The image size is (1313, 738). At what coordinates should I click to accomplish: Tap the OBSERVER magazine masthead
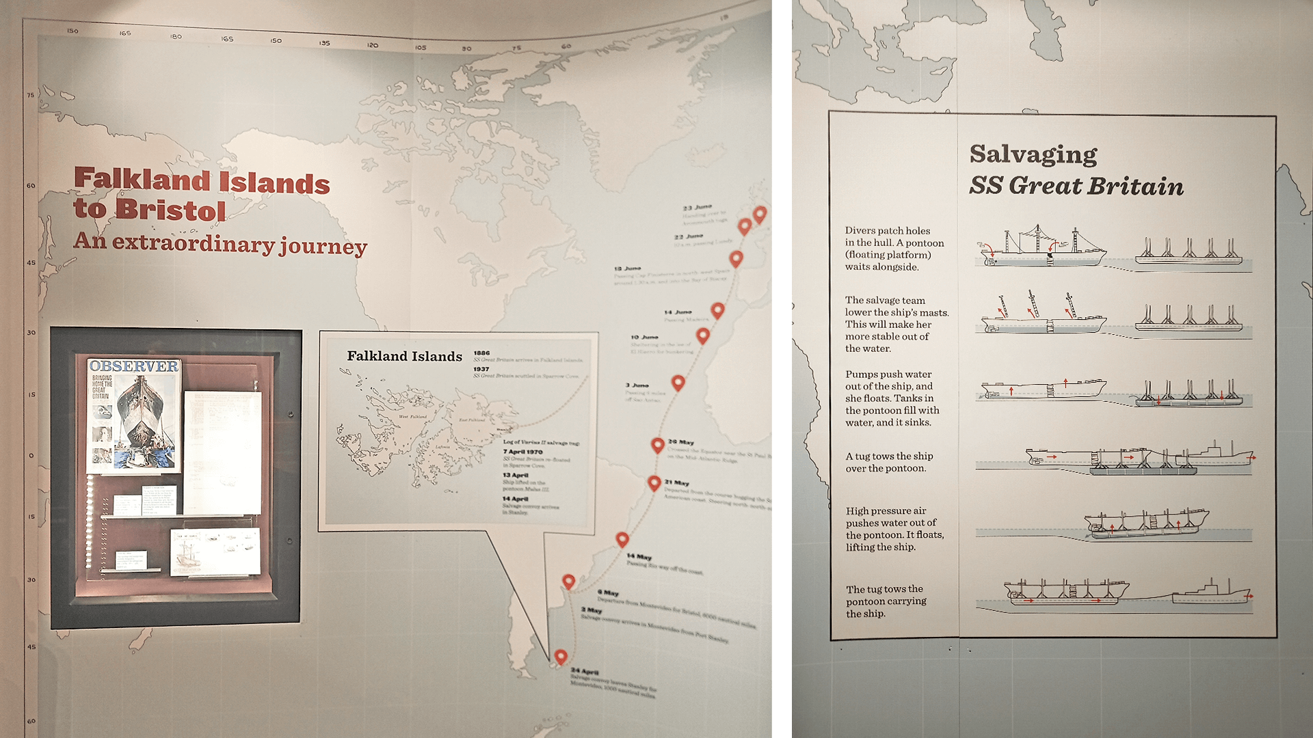tap(134, 366)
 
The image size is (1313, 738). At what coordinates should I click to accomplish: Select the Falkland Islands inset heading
tap(404, 356)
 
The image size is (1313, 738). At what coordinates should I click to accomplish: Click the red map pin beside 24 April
tap(561, 656)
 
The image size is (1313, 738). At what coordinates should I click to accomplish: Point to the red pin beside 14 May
tap(622, 538)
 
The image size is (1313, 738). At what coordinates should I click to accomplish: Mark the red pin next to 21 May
tap(654, 482)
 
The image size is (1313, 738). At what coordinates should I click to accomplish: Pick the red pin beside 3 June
tap(678, 382)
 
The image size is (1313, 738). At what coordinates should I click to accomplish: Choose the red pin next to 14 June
tap(717, 310)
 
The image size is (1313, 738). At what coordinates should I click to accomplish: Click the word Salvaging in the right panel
tap(1033, 154)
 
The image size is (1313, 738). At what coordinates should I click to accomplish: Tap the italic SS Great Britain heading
tap(1076, 186)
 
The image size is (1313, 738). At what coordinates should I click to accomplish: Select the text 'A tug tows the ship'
tap(888, 456)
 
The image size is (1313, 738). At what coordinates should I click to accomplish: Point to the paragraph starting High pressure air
tap(894, 529)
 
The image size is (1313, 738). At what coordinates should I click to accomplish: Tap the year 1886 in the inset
tap(481, 353)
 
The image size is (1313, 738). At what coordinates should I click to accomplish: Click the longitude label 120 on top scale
tap(372, 45)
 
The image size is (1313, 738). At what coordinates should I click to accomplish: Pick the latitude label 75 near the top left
tap(30, 95)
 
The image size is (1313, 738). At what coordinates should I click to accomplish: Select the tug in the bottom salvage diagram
tap(1211, 593)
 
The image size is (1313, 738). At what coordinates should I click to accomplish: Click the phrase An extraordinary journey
tap(220, 244)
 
